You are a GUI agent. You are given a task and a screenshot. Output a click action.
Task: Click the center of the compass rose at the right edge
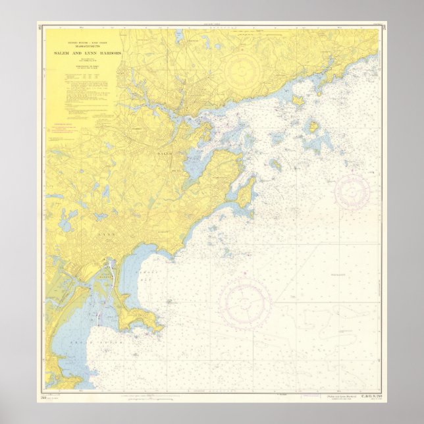352,192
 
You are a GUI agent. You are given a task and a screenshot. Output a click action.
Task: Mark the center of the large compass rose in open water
246,304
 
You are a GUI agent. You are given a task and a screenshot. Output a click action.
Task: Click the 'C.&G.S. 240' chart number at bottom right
365,396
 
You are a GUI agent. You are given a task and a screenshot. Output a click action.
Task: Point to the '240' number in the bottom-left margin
44,396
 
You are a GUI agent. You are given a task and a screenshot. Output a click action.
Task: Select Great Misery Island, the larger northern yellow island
298,100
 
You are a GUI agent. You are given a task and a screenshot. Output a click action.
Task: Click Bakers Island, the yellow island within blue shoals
314,126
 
